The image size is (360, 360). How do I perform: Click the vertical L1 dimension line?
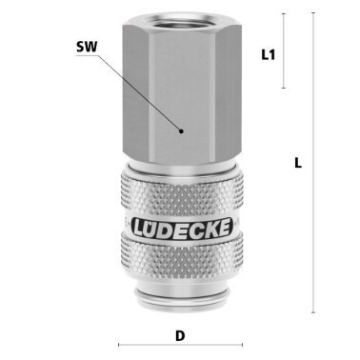point(283,52)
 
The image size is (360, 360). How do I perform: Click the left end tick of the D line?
point(119,345)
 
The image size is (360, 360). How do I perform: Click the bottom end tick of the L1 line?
point(283,89)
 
